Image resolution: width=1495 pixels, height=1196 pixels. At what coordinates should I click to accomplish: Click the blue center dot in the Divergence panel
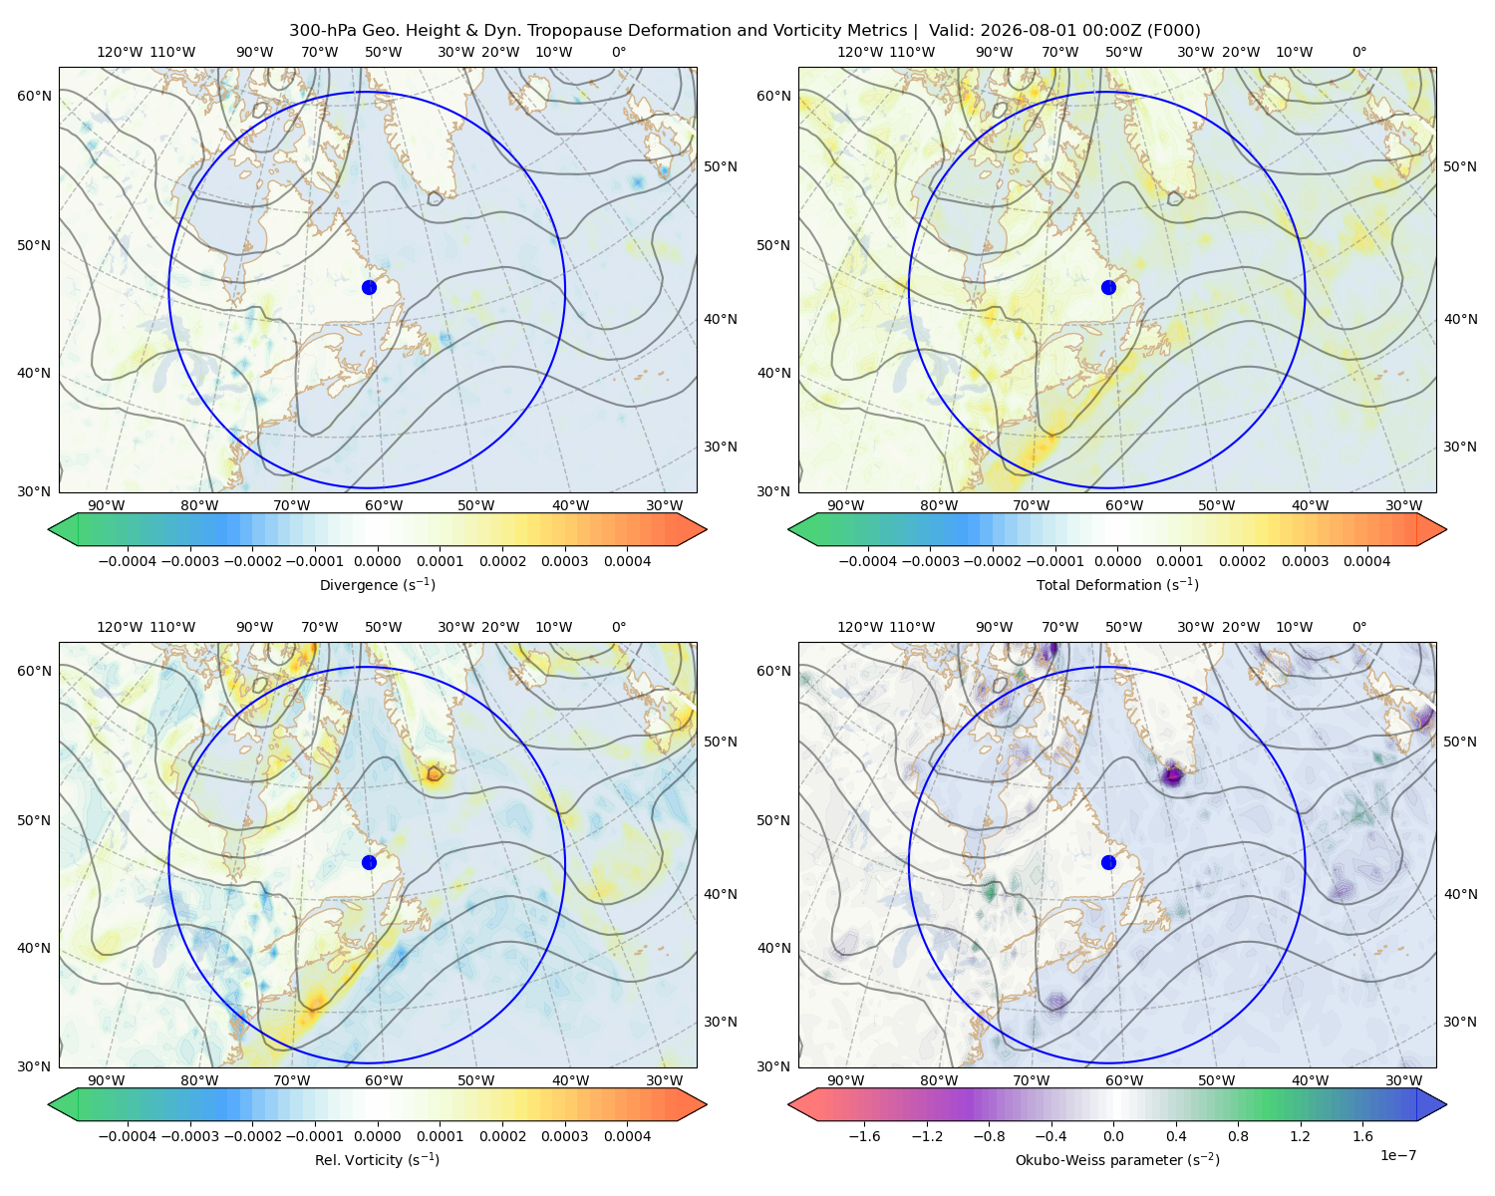[x=369, y=287]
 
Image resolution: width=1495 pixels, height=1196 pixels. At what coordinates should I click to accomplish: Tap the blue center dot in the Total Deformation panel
[x=1108, y=287]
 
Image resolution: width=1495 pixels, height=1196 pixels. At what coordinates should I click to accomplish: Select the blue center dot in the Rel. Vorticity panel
[x=369, y=862]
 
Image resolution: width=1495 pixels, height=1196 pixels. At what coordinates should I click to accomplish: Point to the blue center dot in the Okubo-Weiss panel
[x=1108, y=862]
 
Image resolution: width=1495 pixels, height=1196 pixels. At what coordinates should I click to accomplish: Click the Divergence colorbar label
[x=377, y=584]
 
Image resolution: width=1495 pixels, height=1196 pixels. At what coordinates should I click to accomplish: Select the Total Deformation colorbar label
[x=1117, y=584]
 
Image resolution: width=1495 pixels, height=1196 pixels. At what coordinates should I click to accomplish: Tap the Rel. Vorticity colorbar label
[x=377, y=1159]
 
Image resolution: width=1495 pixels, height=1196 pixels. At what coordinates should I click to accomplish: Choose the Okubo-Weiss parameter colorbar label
[x=1117, y=1159]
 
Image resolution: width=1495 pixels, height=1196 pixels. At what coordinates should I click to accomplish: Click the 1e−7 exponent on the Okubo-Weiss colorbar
[x=1397, y=1155]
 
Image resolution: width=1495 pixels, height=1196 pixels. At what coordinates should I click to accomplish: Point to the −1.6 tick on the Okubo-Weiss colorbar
[x=864, y=1136]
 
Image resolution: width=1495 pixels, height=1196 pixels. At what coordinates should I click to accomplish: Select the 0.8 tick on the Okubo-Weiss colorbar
[x=1238, y=1136]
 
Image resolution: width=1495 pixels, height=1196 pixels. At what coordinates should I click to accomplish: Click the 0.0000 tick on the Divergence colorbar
[x=377, y=561]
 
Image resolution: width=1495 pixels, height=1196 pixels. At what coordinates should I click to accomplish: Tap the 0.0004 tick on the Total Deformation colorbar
[x=1366, y=561]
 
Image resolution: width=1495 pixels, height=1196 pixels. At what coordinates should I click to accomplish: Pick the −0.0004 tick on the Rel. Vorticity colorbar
[x=128, y=1136]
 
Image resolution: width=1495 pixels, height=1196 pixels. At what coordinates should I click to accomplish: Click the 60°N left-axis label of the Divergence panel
[x=34, y=96]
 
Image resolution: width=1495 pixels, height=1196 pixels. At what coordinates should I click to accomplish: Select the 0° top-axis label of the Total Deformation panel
[x=1358, y=52]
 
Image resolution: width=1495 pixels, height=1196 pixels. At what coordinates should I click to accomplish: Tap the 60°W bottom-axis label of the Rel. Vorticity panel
[x=384, y=1080]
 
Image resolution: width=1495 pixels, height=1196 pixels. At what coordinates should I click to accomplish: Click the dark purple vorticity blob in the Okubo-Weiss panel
[x=1173, y=773]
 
